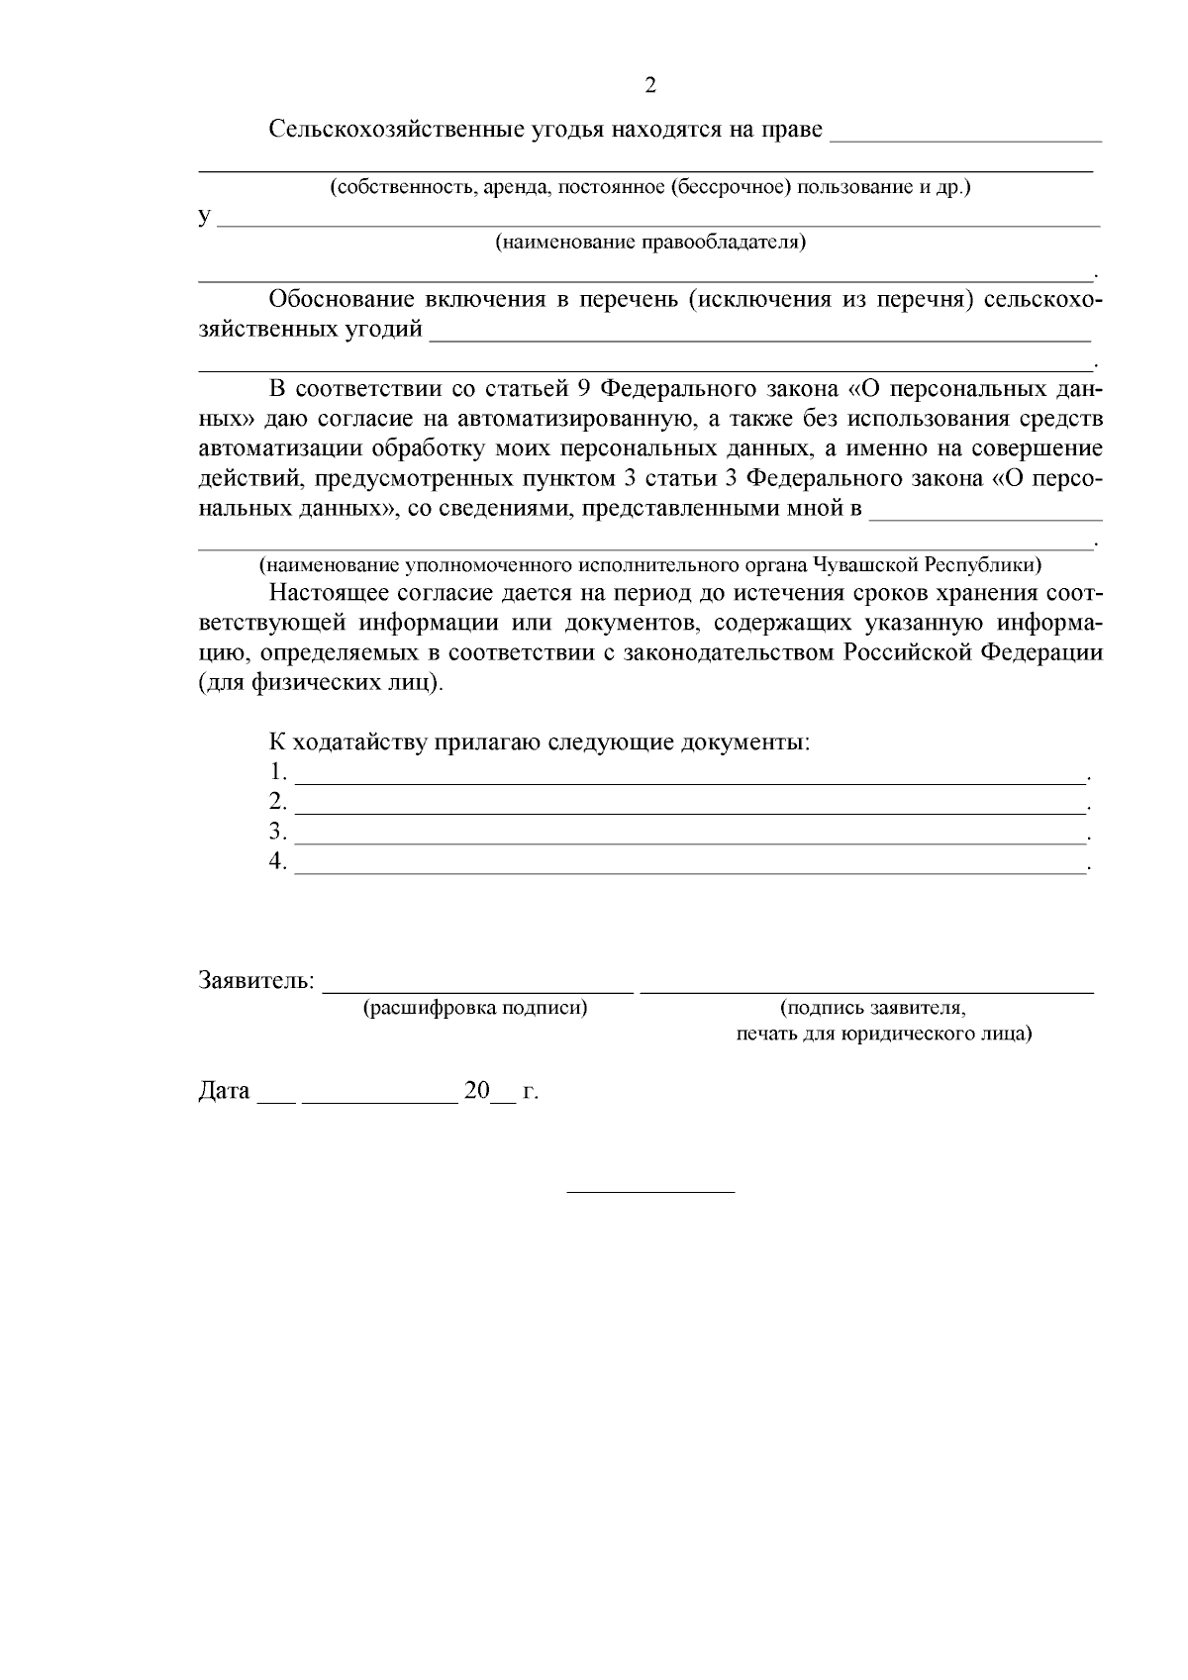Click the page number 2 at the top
point(650,85)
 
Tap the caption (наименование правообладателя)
point(650,244)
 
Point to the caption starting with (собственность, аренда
point(650,187)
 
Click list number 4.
point(278,861)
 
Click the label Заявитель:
point(256,981)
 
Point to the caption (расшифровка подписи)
point(475,1009)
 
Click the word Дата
point(224,1092)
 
